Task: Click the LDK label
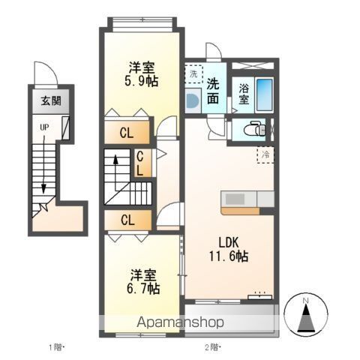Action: [229, 243]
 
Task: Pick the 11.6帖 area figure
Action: [229, 256]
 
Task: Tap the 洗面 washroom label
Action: [214, 91]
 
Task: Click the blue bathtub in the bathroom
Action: [265, 94]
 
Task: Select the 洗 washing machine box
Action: [193, 74]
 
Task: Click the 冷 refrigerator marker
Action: [265, 154]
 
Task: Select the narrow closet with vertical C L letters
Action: [140, 163]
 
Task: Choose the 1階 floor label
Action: [56, 346]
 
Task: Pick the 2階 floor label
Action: [212, 346]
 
